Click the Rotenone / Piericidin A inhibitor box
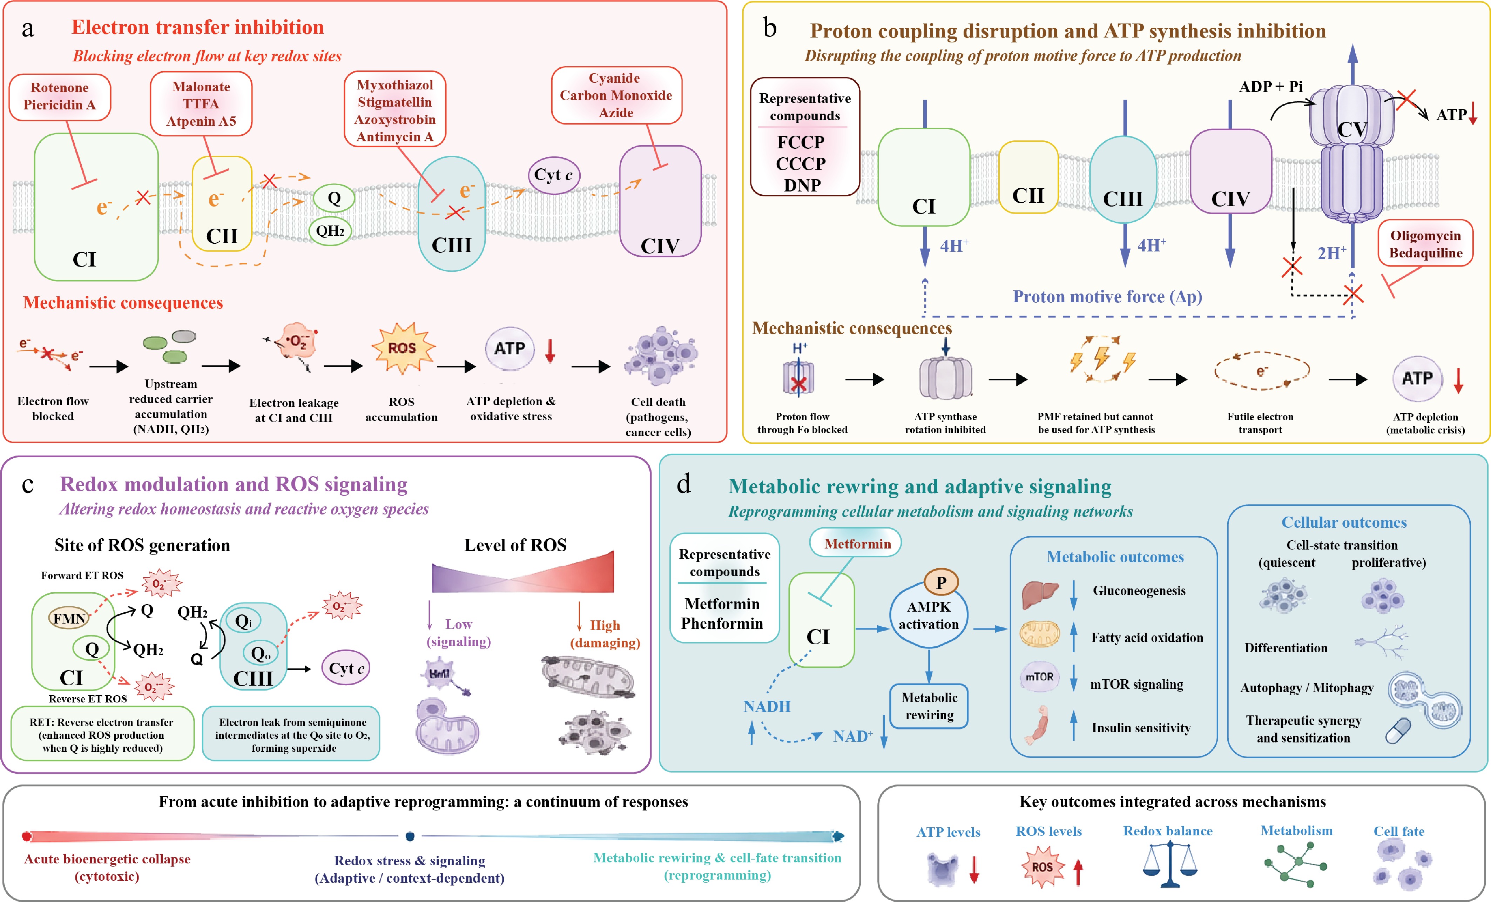pyautogui.click(x=60, y=97)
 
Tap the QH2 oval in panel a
pyautogui.click(x=330, y=231)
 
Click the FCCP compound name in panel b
pyautogui.click(x=801, y=142)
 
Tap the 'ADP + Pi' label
pyautogui.click(x=1271, y=87)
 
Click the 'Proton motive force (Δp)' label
pyautogui.click(x=1107, y=297)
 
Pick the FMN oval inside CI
pyautogui.click(x=69, y=618)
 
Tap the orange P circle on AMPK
pyautogui.click(x=941, y=583)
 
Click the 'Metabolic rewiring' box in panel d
pyautogui.click(x=929, y=706)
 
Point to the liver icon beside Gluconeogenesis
pyautogui.click(x=1040, y=594)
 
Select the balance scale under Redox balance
pyautogui.click(x=1170, y=865)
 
